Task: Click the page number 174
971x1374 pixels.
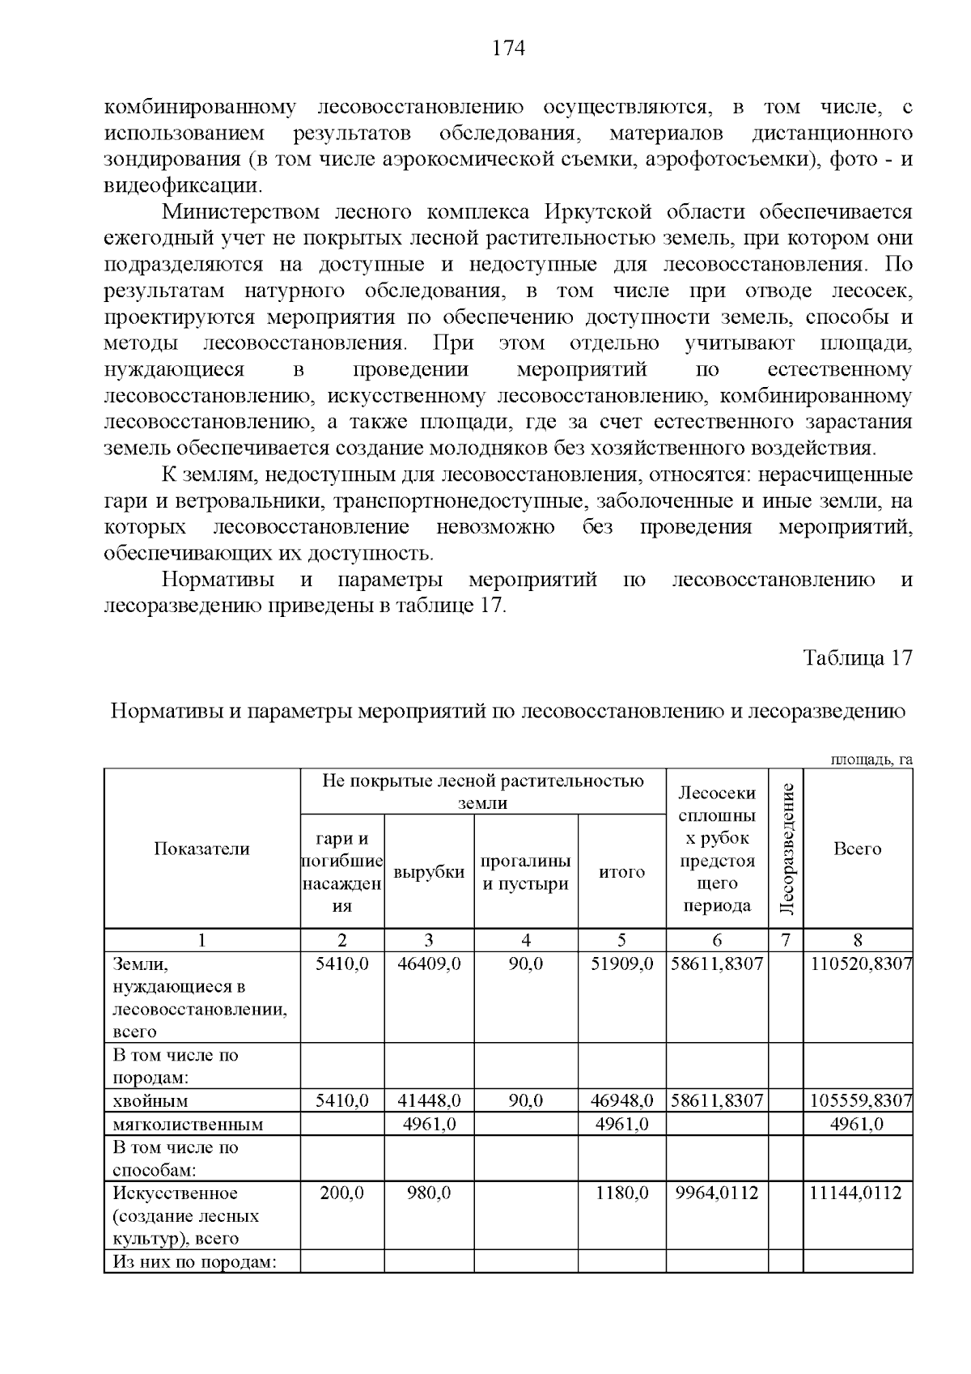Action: (509, 49)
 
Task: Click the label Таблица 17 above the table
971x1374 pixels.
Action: (857, 657)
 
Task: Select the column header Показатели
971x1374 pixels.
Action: (201, 849)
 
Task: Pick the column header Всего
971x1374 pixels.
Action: (857, 849)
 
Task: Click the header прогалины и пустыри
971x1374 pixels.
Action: (526, 872)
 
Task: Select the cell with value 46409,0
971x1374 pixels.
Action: (429, 964)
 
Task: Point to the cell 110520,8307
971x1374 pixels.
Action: (861, 964)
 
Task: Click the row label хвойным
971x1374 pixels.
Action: (151, 1101)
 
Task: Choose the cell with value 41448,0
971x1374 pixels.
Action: (429, 1101)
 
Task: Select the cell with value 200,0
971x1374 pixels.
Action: (342, 1193)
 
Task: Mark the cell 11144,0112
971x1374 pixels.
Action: (857, 1193)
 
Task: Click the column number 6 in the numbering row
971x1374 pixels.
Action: (717, 940)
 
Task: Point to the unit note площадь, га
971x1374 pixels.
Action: (871, 759)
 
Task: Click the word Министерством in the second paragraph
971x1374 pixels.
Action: (231, 212)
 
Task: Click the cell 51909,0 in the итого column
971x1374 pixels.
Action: (621, 964)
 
